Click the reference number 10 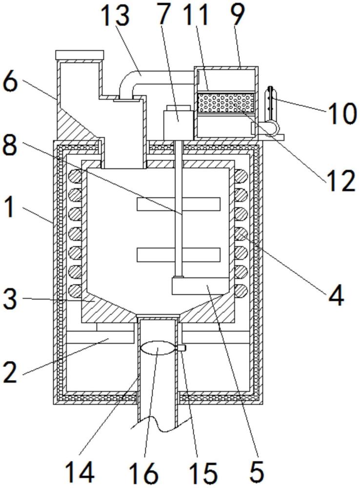(x=341, y=113)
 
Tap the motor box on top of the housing (x=178, y=122)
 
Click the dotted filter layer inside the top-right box (x=226, y=102)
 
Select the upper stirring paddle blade (x=179, y=203)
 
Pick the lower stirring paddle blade (x=179, y=255)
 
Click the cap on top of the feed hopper (x=79, y=55)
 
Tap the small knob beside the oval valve (x=182, y=348)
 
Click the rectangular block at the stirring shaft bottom (x=200, y=285)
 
